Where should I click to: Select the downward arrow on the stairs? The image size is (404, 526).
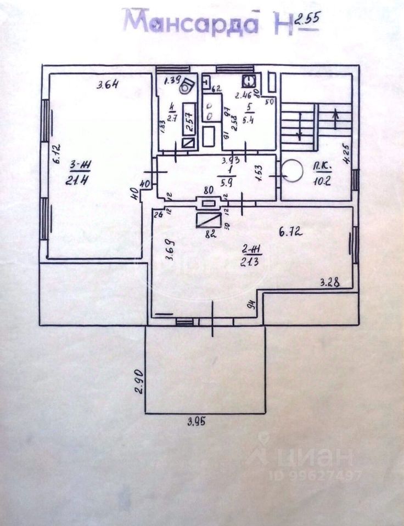click(x=300, y=131)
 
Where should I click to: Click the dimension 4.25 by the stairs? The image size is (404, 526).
click(x=345, y=153)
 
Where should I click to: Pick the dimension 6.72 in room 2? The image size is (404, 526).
click(x=291, y=232)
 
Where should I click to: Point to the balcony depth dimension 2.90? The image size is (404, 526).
click(x=139, y=382)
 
